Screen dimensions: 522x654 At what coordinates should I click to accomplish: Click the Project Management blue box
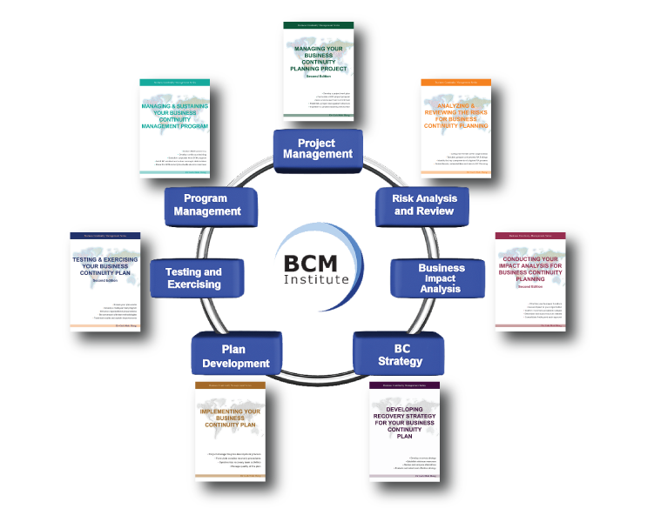(316, 149)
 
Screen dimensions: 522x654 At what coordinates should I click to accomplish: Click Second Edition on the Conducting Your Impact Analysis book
(529, 286)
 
